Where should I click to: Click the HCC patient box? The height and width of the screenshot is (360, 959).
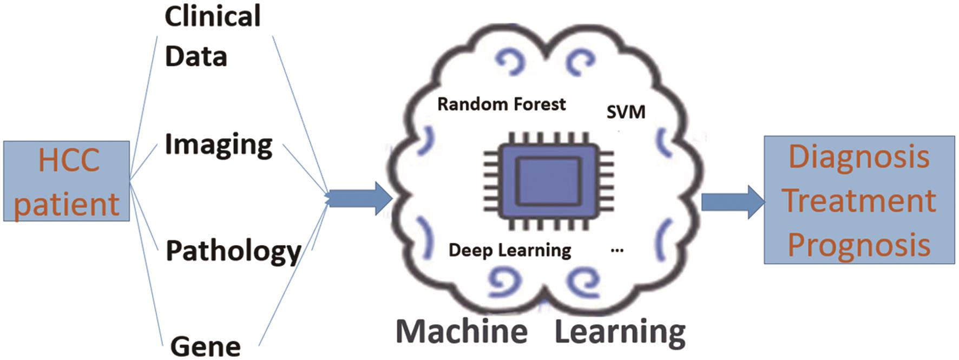pos(66,181)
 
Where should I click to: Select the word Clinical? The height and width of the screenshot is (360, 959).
pos(212,16)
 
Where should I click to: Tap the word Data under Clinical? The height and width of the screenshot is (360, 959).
pos(195,56)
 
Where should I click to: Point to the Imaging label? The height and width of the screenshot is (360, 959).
pos(218,145)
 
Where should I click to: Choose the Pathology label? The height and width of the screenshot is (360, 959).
pos(233,251)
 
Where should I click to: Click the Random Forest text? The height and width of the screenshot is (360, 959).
pos(501,104)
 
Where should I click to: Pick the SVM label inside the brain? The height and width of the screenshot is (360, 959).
pos(626,112)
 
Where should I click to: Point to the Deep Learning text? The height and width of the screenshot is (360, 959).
pos(509,250)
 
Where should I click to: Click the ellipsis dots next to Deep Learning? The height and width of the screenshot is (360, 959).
pos(616,250)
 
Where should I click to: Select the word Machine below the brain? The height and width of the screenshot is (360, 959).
pos(462,331)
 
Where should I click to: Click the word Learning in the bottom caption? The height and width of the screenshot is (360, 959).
pos(620,331)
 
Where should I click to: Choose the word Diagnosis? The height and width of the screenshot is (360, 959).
pos(858,157)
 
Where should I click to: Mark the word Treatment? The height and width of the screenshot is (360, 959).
pos(859,201)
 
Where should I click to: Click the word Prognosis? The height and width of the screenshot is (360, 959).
pos(858,245)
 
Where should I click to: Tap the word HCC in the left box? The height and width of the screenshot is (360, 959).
pos(69,160)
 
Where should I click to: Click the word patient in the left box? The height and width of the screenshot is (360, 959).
pos(66,205)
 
